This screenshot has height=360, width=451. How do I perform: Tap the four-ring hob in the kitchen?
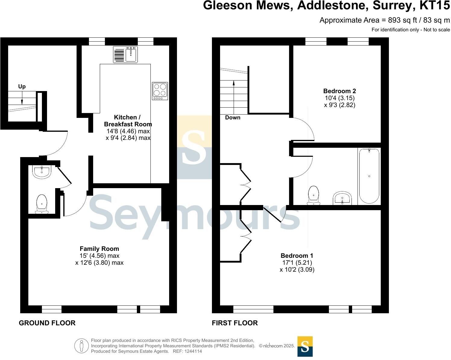coord(160,91)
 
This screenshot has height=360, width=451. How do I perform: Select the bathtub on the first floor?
coord(369,176)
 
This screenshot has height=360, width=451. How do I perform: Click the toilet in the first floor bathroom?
coord(314,195)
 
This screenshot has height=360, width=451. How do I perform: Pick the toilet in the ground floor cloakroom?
coord(42,204)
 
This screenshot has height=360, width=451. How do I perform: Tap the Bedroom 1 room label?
coord(297,255)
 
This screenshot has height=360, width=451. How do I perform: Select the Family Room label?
coord(99,249)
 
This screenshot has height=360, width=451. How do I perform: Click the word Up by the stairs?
coord(22,87)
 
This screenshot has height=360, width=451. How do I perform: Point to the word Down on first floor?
coord(233,118)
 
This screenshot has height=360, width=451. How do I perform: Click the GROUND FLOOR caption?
coord(47,323)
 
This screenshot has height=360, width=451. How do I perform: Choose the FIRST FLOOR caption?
coord(235,323)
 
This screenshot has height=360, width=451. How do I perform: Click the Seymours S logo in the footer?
coord(305,346)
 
